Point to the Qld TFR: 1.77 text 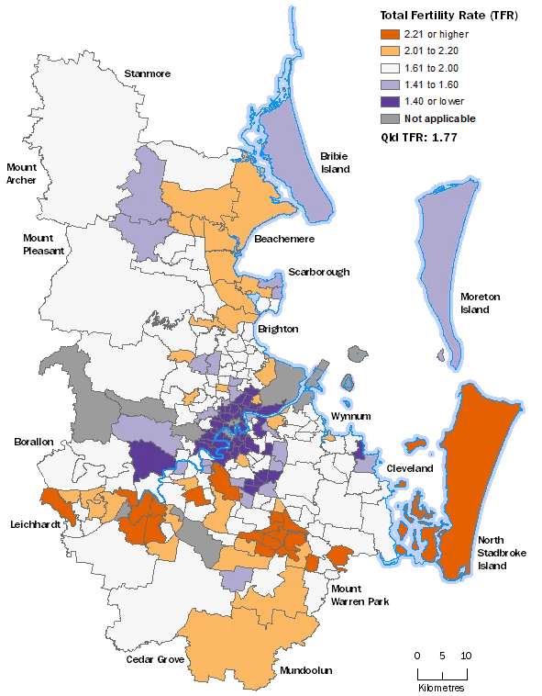pyautogui.click(x=419, y=136)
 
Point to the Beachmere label pyautogui.click(x=284, y=239)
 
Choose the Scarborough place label pyautogui.click(x=318, y=272)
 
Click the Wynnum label pyautogui.click(x=350, y=416)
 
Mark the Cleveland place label pyautogui.click(x=409, y=468)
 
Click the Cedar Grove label pyautogui.click(x=156, y=659)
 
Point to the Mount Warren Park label pyautogui.click(x=359, y=595)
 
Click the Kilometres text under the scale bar pyautogui.click(x=441, y=688)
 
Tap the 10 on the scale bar pyautogui.click(x=465, y=656)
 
